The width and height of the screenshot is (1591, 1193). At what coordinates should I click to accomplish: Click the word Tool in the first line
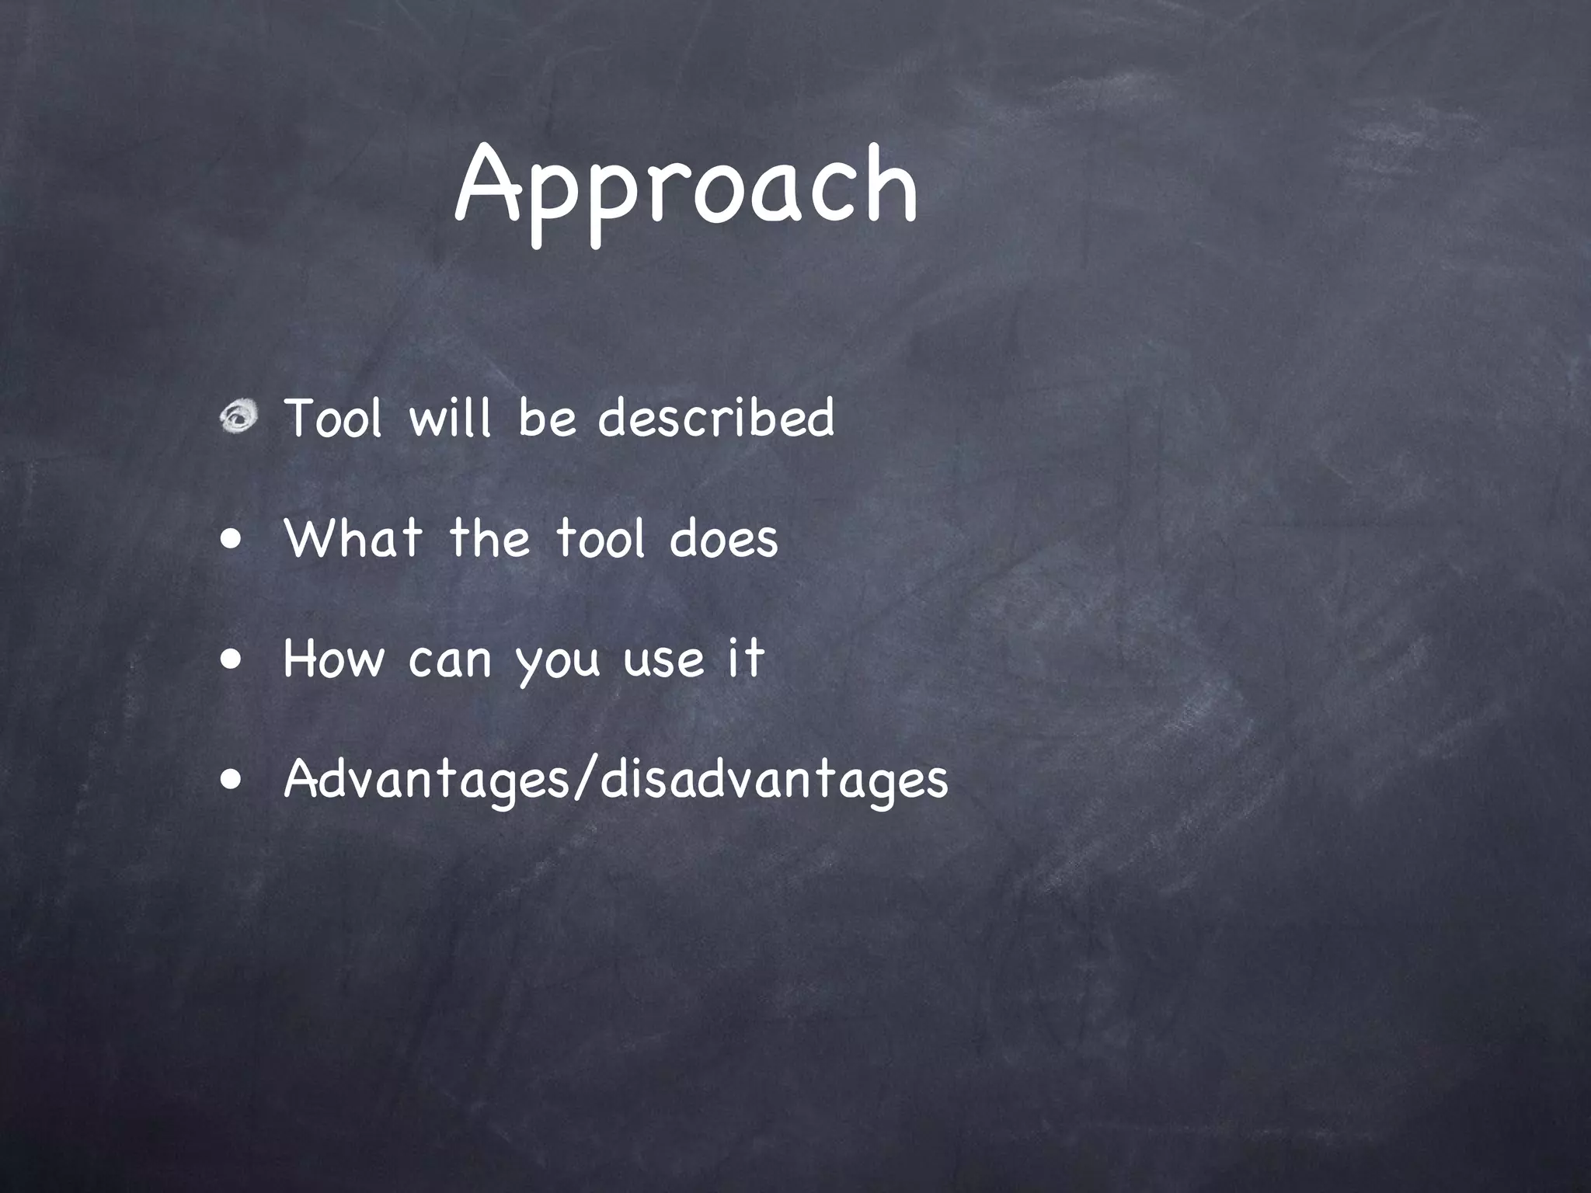click(333, 418)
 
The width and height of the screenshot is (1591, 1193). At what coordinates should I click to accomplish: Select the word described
click(716, 418)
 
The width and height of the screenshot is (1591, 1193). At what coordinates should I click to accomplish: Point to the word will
click(451, 418)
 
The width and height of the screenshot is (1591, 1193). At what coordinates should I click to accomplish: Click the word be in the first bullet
click(547, 418)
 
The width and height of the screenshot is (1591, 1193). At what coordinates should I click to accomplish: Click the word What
click(353, 537)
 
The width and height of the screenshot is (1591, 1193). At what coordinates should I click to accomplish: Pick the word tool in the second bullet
click(600, 537)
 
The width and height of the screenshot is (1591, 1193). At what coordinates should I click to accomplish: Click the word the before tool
click(489, 537)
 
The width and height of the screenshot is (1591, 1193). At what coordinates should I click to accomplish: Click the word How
click(333, 659)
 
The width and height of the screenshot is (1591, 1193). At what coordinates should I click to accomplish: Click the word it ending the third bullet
click(745, 657)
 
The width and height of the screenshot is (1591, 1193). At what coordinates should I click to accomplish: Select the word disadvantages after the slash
click(774, 780)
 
